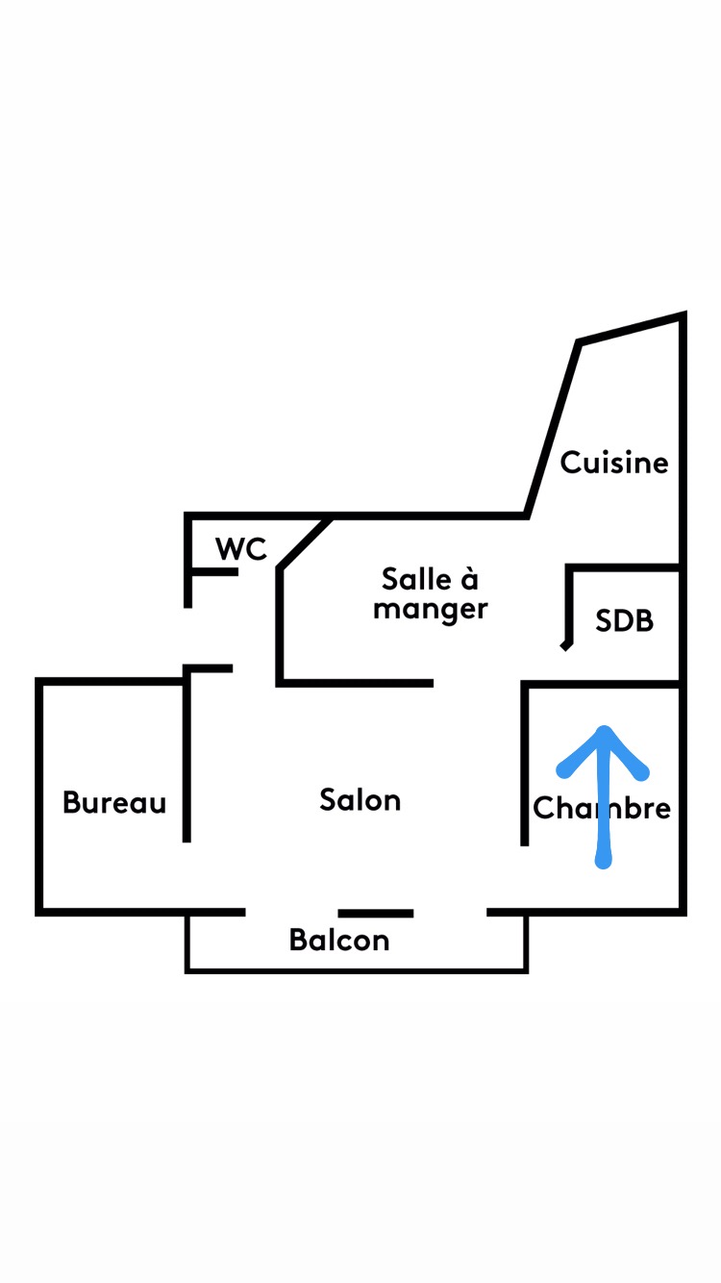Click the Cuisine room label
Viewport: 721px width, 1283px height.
pos(614,463)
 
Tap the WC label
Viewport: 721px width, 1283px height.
pos(240,549)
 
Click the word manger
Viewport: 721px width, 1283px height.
pos(431,610)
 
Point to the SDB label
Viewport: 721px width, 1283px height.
pos(624,621)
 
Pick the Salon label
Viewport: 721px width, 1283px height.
pos(360,800)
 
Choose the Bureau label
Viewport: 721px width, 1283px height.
pos(114,802)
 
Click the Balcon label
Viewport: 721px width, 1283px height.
pos(339,940)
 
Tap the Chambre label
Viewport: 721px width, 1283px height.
pos(602,808)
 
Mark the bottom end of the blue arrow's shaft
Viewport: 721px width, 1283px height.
pos(604,862)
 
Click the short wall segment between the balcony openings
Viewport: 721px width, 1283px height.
pos(376,913)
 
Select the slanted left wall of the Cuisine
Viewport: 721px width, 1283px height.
pos(553,429)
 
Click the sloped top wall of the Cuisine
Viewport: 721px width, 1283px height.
pos(632,328)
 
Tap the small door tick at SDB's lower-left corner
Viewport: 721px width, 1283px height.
pos(566,645)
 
